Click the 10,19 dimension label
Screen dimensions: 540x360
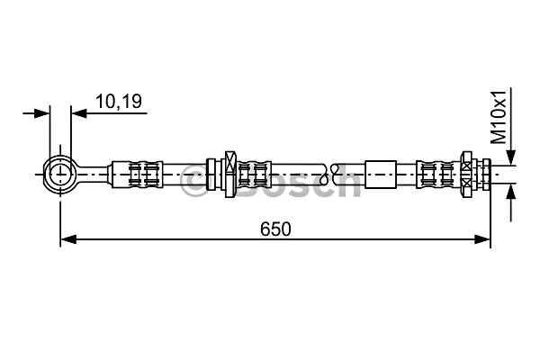119,102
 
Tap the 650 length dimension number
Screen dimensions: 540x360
275,229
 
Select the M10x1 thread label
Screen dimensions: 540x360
499,117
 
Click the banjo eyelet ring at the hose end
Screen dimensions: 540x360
44,175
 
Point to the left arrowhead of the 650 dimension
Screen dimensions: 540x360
68,239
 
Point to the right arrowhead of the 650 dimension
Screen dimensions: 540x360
482,239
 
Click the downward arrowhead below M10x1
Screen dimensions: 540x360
512,157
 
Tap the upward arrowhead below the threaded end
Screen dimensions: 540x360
512,192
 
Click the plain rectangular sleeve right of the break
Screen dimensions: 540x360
380,175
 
